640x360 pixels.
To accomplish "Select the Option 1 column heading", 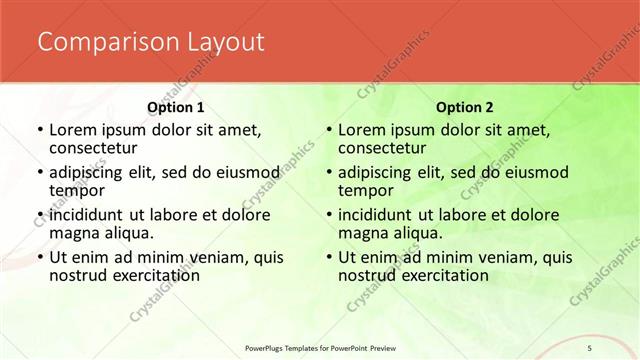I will (175, 106).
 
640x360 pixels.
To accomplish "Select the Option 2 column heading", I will (463, 106).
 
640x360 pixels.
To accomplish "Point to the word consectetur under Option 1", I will (93, 148).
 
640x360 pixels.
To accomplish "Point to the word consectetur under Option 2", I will (382, 148).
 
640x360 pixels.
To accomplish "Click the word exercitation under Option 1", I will (148, 275).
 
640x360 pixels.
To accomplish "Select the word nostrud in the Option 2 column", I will (367, 275).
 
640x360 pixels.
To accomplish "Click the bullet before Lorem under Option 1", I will (39, 129).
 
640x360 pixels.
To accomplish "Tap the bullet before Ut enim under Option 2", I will (328, 257).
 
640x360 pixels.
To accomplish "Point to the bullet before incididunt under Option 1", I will (39, 214).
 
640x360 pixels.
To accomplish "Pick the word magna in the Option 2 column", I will (363, 233).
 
